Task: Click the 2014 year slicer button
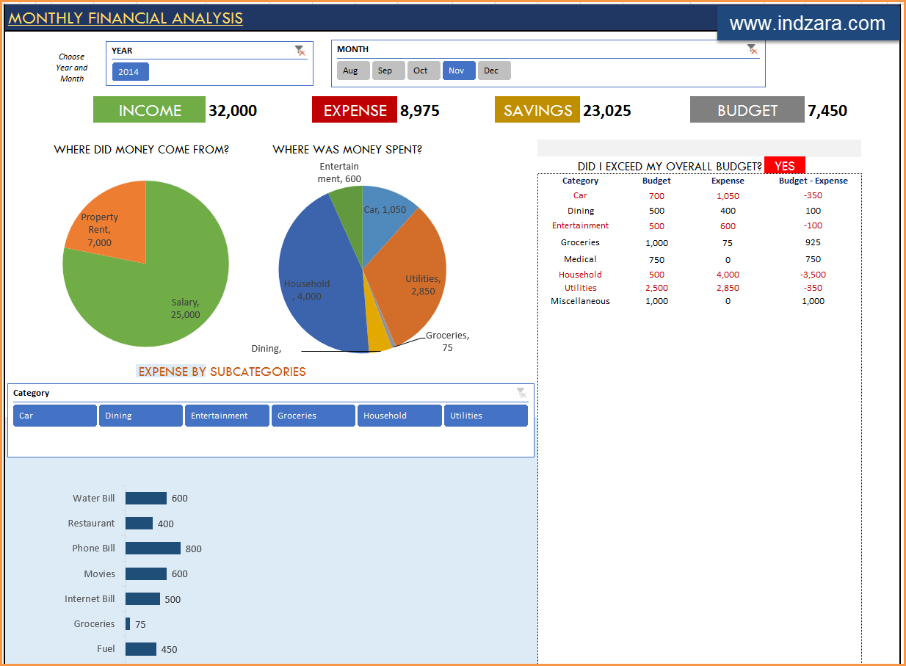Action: click(130, 72)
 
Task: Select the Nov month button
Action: click(458, 70)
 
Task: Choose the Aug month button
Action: click(352, 70)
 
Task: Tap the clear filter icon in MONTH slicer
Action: click(752, 49)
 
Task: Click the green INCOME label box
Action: click(149, 110)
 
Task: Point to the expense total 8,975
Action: click(419, 111)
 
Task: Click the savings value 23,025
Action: click(606, 111)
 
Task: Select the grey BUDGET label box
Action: click(747, 110)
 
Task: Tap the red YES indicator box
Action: click(784, 166)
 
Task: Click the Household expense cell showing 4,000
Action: click(728, 275)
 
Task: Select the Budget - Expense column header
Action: click(813, 181)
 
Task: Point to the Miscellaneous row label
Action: click(580, 301)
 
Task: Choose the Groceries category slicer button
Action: click(313, 416)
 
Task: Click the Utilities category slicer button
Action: click(485, 416)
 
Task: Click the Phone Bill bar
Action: click(153, 549)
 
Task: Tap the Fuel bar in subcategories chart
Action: click(141, 649)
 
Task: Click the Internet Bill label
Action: click(90, 599)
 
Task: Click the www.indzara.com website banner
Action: click(808, 23)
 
